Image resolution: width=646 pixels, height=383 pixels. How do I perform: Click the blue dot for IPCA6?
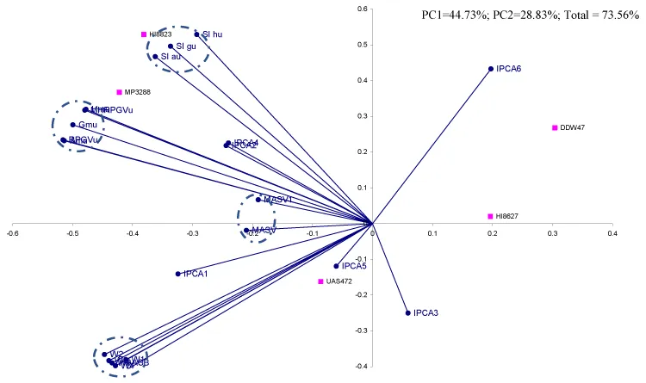491,69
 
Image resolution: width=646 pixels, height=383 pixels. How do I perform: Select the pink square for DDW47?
555,127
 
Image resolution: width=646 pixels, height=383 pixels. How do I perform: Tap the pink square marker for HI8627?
490,216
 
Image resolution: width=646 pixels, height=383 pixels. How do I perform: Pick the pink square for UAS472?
320,281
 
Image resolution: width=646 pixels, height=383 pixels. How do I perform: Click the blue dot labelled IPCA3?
407,312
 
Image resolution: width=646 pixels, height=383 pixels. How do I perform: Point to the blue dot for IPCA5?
337,266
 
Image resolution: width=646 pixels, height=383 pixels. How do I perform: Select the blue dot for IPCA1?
178,274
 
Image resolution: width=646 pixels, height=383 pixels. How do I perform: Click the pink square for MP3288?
120,92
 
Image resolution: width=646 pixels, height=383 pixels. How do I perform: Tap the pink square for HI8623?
144,34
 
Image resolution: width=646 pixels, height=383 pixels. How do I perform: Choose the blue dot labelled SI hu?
196,34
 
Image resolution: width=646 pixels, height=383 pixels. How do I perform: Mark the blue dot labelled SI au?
155,57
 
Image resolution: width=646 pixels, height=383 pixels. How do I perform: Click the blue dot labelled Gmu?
73,125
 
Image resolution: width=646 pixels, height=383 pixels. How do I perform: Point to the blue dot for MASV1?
258,200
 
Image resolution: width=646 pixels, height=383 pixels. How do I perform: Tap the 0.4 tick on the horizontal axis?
612,232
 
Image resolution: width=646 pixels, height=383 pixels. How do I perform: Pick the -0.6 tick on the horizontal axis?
12,232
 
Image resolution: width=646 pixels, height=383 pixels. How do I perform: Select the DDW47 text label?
573,128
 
